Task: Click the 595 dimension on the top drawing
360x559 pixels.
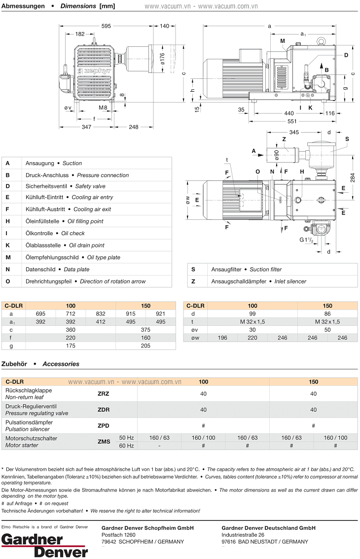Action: (x=107, y=26)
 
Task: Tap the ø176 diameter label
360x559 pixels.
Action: (x=162, y=58)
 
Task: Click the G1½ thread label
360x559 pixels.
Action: (x=306, y=240)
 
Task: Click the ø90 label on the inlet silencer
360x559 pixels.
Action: (x=277, y=155)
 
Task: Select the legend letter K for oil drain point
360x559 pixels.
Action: (x=8, y=245)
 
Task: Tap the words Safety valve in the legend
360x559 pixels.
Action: (x=90, y=186)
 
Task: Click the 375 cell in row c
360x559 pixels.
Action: (x=145, y=329)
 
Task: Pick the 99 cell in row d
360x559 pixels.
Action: (x=252, y=314)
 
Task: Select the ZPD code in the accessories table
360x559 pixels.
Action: (x=104, y=426)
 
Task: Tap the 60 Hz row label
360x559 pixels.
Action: (x=127, y=446)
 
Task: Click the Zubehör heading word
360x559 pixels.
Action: (x=15, y=364)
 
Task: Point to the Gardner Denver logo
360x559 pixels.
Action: (x=44, y=545)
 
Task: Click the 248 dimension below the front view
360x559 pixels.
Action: (x=134, y=127)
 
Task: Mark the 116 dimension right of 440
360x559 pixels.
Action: (x=330, y=113)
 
